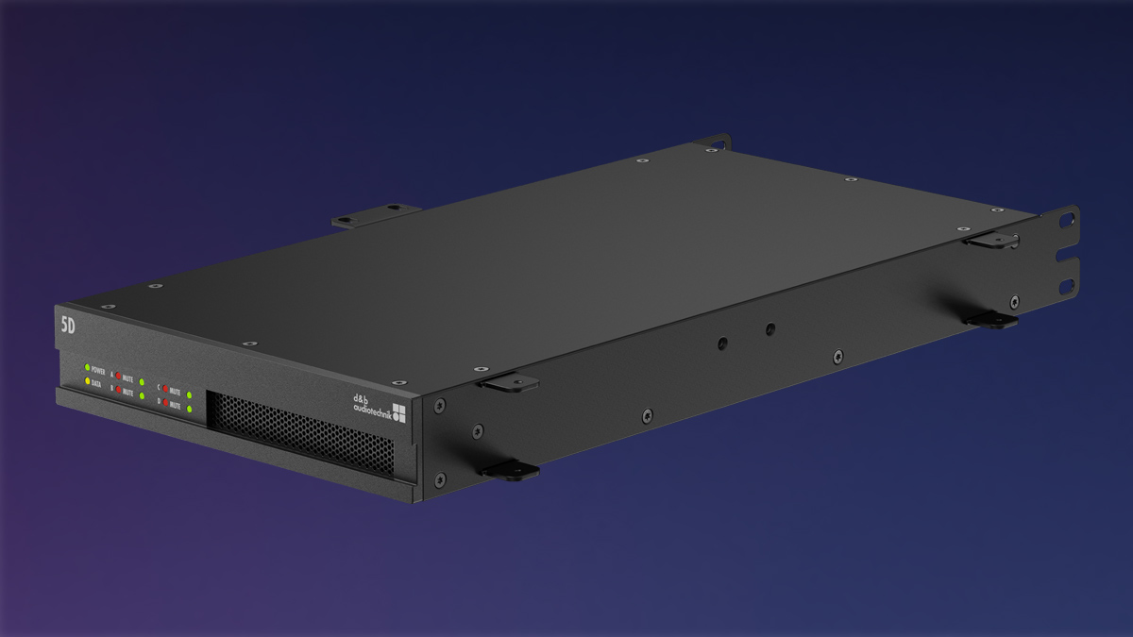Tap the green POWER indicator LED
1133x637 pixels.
pos(87,367)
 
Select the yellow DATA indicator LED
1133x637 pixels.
pos(87,381)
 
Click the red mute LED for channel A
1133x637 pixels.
pos(118,376)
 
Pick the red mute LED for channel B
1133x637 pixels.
pos(118,390)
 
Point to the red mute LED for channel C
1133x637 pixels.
pos(165,389)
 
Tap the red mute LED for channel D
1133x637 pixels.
pos(165,403)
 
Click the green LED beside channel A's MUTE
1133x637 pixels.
pos(142,382)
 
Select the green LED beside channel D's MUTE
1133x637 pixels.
pos(190,410)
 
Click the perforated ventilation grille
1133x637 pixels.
pos(299,433)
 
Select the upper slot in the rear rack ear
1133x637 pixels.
pos(1067,221)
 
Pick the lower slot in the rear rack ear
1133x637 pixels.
pos(1067,285)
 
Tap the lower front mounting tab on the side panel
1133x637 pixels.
pos(510,469)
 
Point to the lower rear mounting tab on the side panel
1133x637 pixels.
pos(991,320)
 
